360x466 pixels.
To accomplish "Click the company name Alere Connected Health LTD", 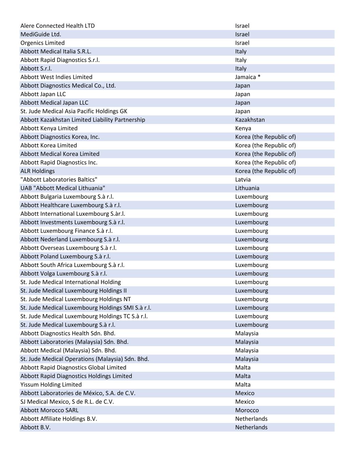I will (57, 26).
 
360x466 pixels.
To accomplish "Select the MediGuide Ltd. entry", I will (41, 34).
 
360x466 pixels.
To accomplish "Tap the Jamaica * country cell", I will (247, 77).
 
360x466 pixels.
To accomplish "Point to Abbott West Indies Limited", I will (56, 77).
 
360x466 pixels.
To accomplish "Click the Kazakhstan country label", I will (250, 120).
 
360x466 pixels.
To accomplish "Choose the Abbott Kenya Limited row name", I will (49, 128).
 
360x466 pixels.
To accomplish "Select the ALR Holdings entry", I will (38, 171).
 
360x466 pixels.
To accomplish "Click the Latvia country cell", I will (243, 180).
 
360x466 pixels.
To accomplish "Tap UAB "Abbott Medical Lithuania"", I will (63, 188).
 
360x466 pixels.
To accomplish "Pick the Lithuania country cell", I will (247, 188).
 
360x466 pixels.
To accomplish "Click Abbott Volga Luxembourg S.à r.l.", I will (63, 273).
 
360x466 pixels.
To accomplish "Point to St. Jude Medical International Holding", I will (71, 282).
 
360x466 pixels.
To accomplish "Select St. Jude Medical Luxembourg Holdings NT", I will (75, 299).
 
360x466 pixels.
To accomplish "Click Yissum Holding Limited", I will (51, 384).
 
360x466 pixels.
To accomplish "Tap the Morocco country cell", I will (247, 410).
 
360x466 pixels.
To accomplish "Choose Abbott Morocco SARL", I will (49, 410).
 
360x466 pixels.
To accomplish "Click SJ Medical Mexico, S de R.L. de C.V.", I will (67, 401).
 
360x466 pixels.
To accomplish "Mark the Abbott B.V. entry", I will (35, 427).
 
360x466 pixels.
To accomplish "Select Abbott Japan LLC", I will (43, 94).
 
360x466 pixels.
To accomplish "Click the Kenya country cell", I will (243, 128).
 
